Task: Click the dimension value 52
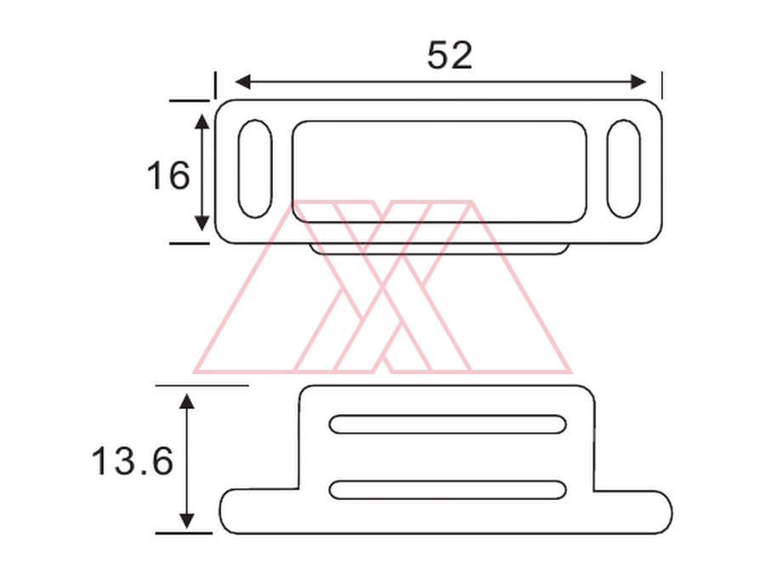450,55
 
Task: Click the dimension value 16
168,175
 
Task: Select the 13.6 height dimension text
133,461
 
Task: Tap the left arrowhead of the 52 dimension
242,82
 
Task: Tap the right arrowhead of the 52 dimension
638,82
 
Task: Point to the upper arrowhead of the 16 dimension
202,122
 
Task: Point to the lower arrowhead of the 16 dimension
202,224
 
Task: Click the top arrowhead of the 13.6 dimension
187,401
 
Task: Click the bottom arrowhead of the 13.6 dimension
187,520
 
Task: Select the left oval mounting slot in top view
239,168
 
